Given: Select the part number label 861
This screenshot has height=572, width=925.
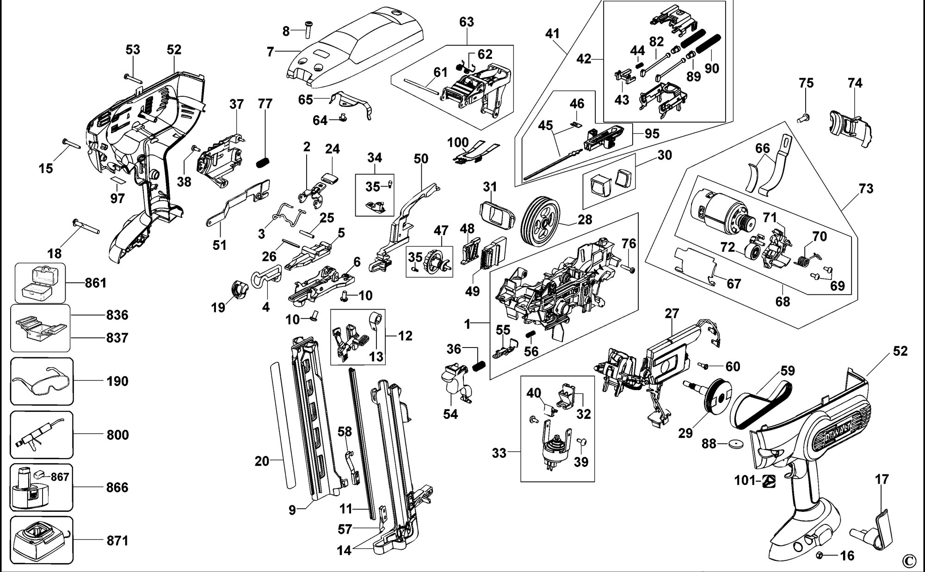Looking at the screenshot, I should click(x=96, y=282).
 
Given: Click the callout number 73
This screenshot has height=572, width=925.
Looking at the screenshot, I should click(x=866, y=188).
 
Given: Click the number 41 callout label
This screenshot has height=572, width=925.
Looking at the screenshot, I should click(x=552, y=33).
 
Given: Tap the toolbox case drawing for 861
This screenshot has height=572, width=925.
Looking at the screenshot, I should click(x=40, y=282).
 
